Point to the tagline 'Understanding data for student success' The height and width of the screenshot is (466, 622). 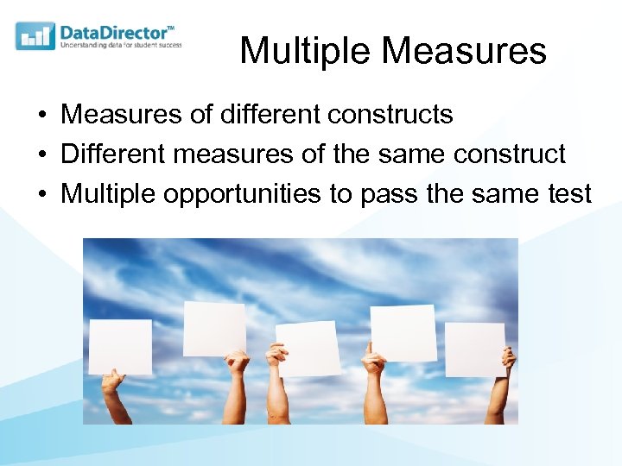coord(120,46)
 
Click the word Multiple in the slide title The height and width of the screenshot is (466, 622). coord(306,51)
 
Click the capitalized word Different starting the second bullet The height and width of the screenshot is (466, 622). coord(113,154)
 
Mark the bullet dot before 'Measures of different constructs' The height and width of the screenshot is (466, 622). coord(41,115)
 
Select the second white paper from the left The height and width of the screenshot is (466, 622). coord(214,328)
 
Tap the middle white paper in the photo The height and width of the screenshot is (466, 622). coord(308,349)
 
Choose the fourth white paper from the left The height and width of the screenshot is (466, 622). coord(403,332)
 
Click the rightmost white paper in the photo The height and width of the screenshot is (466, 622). coord(474,349)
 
